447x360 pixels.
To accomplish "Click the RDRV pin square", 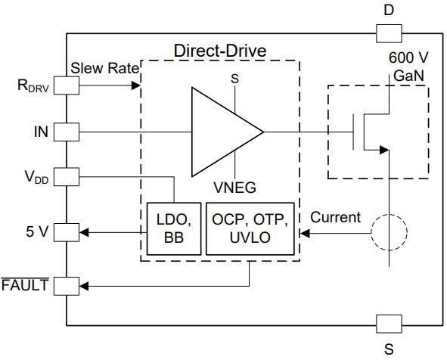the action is pyautogui.click(x=67, y=85).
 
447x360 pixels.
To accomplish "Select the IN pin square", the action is pyautogui.click(x=67, y=132).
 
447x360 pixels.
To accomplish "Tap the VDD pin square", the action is pyautogui.click(x=67, y=177).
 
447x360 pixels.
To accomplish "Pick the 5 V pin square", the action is pyautogui.click(x=67, y=232).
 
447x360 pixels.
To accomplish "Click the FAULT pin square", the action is pyautogui.click(x=67, y=286).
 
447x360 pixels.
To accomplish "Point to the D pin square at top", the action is pyautogui.click(x=389, y=33).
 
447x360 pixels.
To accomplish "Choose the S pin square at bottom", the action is pyautogui.click(x=389, y=324).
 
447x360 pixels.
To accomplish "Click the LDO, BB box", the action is pyautogui.click(x=174, y=228).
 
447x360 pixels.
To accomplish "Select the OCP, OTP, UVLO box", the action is pyautogui.click(x=250, y=228).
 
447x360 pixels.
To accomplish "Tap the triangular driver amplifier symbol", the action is pyautogui.click(x=227, y=132).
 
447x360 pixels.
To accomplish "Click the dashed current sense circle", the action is pyautogui.click(x=389, y=232).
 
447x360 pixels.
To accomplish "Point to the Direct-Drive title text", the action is pyautogui.click(x=220, y=51).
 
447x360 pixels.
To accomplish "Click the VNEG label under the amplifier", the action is pyautogui.click(x=235, y=188).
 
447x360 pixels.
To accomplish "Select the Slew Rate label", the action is pyautogui.click(x=104, y=68).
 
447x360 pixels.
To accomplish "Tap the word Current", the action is pyautogui.click(x=336, y=217).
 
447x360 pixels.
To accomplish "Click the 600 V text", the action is pyautogui.click(x=408, y=57).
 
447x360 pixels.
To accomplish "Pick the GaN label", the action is pyautogui.click(x=408, y=76).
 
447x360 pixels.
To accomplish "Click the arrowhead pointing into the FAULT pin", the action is pyautogui.click(x=84, y=286).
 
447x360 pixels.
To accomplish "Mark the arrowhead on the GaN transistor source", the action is pyautogui.click(x=384, y=150).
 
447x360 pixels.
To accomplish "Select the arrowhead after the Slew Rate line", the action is pyautogui.click(x=135, y=85).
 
